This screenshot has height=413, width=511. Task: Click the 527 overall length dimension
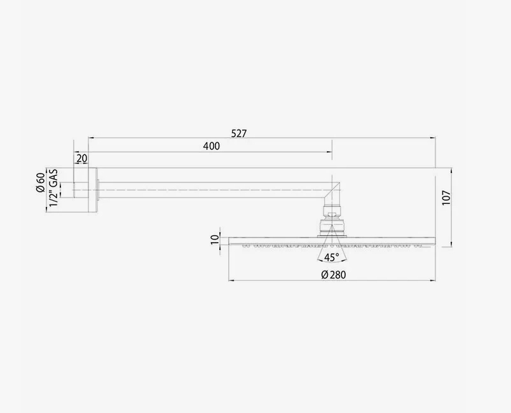tap(239, 133)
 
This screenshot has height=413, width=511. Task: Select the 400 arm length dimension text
tap(211, 147)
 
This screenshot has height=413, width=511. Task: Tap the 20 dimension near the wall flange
tap(82, 158)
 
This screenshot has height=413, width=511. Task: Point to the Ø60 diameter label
tap(40, 182)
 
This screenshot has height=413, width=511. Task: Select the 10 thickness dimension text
tap(215, 239)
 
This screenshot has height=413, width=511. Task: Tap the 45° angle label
tap(330, 257)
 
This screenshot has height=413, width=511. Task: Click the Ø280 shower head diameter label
tap(333, 274)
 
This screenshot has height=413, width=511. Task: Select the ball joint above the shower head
tap(330, 224)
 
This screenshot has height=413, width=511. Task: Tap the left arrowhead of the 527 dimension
tap(90, 137)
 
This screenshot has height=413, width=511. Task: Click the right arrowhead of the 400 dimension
tap(330, 152)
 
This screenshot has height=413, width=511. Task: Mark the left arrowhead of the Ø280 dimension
tap(231, 280)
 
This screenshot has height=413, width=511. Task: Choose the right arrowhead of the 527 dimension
tap(433, 137)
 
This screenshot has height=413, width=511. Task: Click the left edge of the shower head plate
tap(229, 241)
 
